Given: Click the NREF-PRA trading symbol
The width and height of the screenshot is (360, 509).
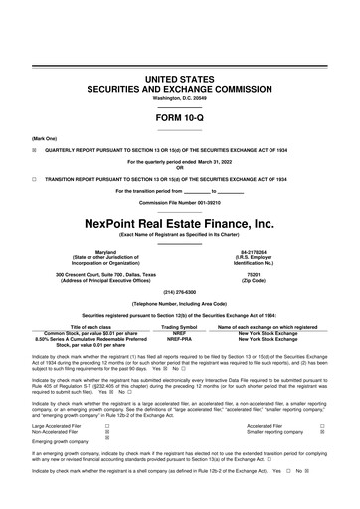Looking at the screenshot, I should pos(181,339).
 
